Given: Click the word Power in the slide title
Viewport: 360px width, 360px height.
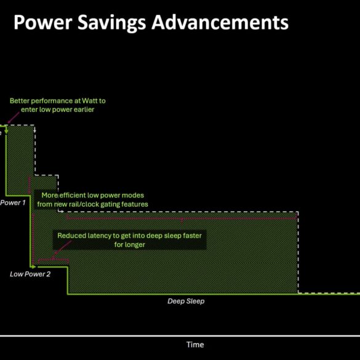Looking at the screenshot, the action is [x=43, y=22].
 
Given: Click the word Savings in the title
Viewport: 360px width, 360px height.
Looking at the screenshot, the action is [x=112, y=23].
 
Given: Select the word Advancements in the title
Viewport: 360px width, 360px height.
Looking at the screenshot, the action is [x=220, y=22].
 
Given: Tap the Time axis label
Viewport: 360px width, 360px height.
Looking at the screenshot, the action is [x=195, y=345].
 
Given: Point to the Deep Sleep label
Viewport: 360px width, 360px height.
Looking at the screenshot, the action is [x=186, y=301].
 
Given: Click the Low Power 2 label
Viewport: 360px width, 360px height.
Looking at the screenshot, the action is [x=30, y=274].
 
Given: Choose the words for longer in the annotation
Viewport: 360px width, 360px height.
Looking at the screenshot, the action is [x=130, y=244].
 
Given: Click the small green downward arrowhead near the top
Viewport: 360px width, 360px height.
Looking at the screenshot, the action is [x=6, y=131].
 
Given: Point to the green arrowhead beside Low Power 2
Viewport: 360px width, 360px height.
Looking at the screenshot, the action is [x=33, y=267].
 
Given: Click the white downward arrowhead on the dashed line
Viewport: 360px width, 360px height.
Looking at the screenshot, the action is [x=34, y=130].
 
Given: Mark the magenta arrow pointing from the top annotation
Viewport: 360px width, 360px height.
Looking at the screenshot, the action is [x=14, y=118].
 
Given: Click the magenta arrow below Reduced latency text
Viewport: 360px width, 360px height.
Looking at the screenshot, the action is [x=61, y=250].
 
